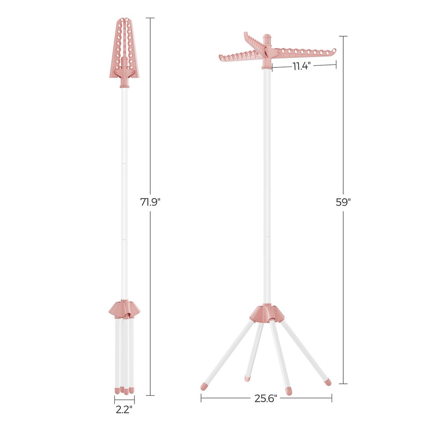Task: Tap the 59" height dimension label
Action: click(x=343, y=202)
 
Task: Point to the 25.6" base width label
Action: click(x=266, y=398)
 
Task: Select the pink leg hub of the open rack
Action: click(x=267, y=314)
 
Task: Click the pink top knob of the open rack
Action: click(x=267, y=40)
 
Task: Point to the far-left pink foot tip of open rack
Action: click(x=205, y=386)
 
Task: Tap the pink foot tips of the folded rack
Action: click(x=124, y=390)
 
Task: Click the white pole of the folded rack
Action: click(x=124, y=192)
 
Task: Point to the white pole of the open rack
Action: click(x=267, y=184)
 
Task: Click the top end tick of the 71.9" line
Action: click(x=150, y=18)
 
